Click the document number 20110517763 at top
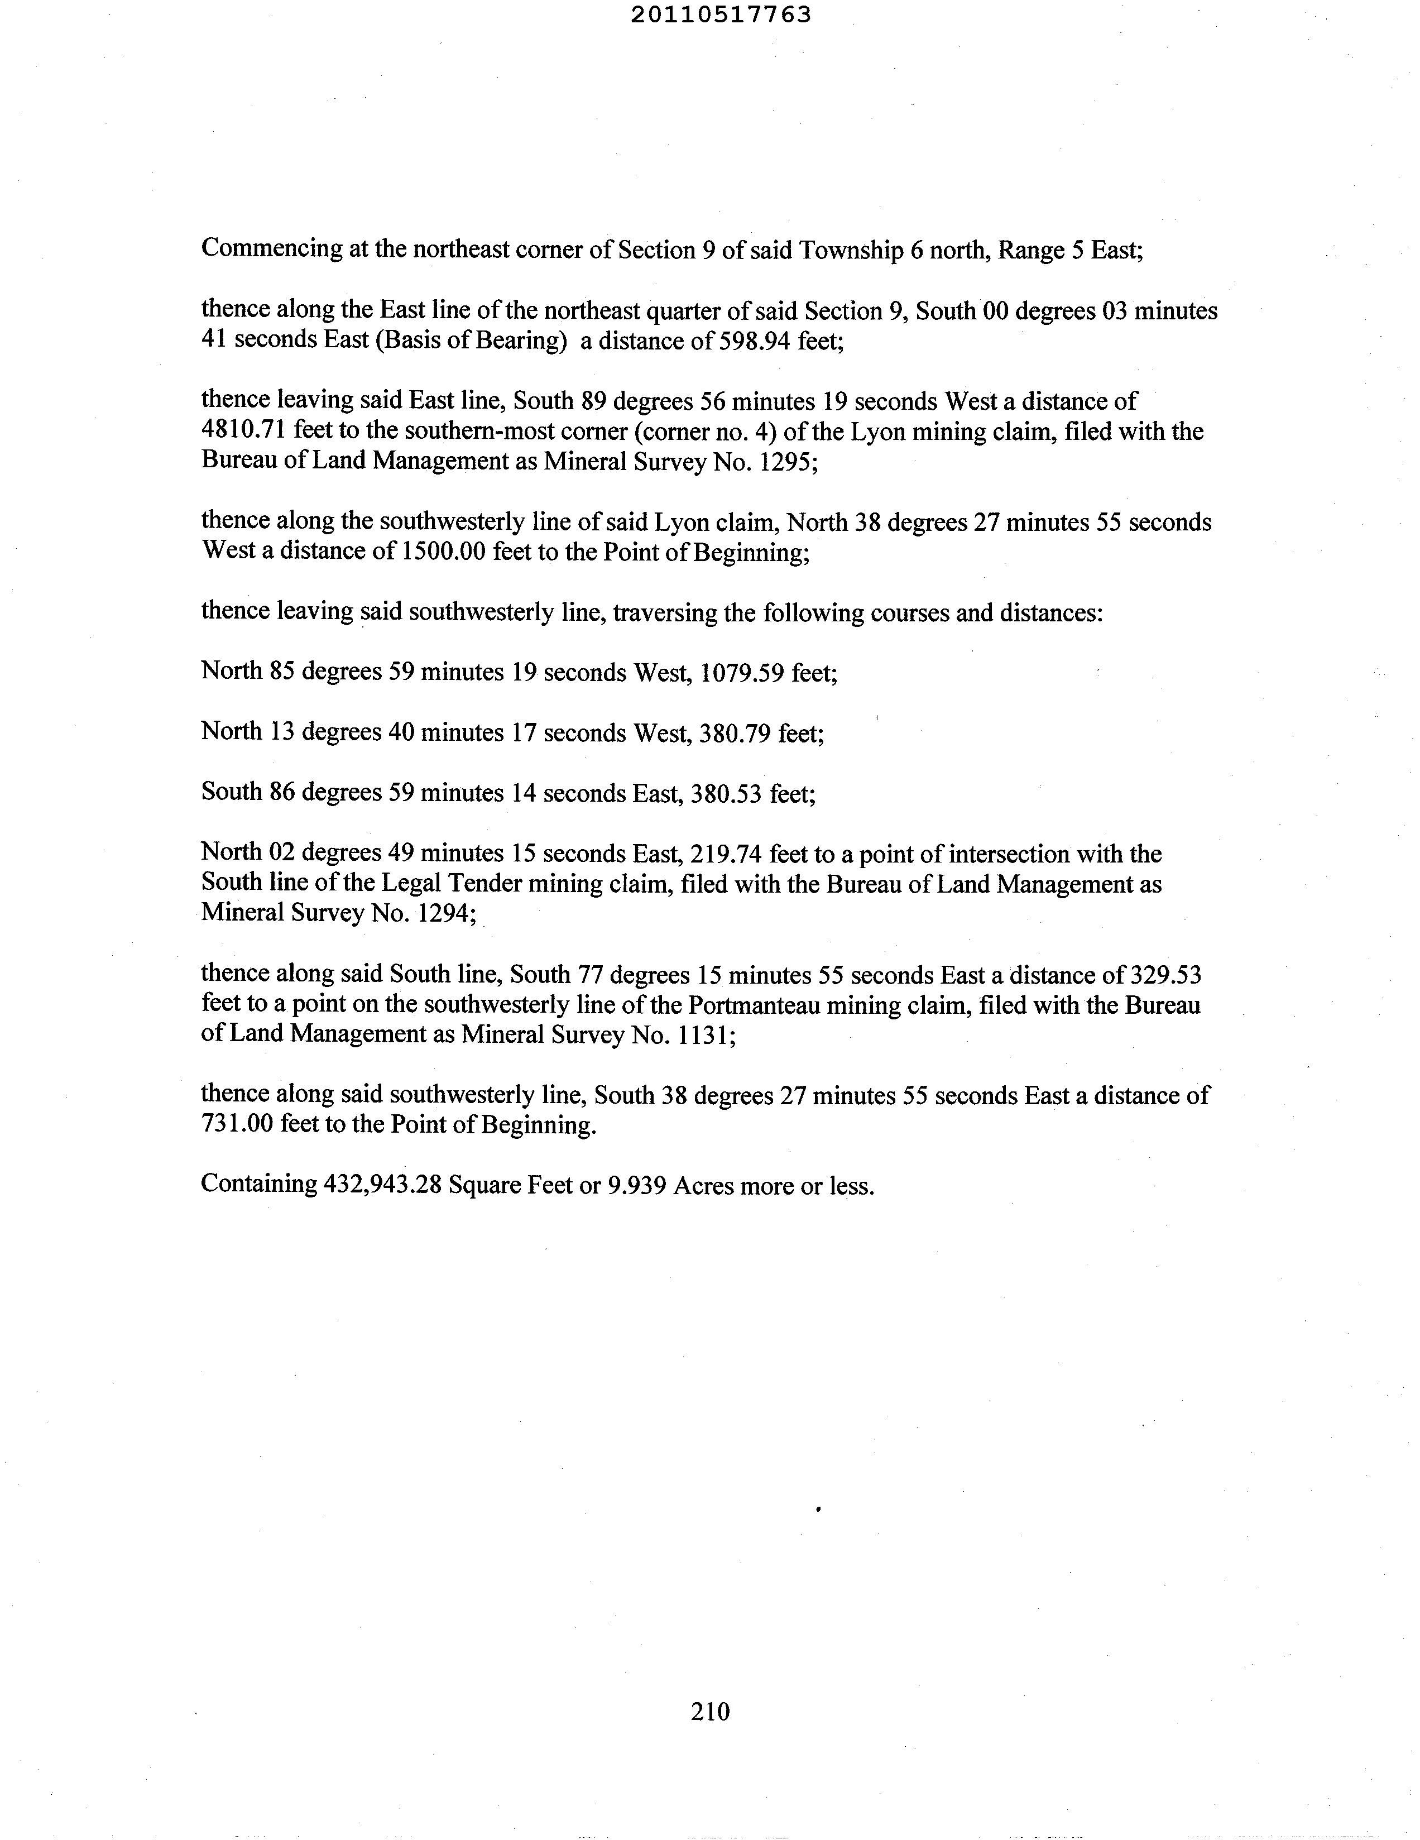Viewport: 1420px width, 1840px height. pyautogui.click(x=721, y=15)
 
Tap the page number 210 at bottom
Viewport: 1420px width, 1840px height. pyautogui.click(x=710, y=1711)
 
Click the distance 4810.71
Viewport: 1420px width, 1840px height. pyautogui.click(x=244, y=432)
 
